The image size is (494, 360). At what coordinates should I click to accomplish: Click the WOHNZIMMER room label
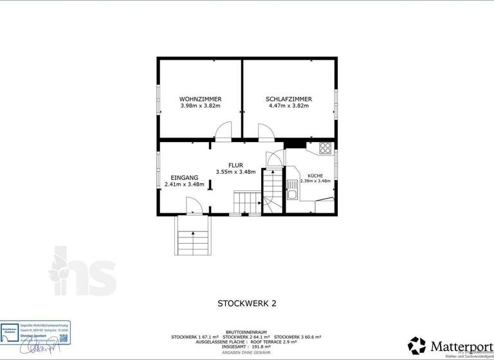pos(201,99)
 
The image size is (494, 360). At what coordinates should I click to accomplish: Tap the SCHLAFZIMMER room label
pos(289,99)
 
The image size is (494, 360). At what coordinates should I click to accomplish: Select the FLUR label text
pos(235,165)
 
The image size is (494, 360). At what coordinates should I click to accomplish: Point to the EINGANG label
pos(184,177)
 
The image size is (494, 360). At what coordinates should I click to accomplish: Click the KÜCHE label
pos(315,175)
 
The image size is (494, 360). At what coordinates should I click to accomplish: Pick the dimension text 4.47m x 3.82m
pos(289,106)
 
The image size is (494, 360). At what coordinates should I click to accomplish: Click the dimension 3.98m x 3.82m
pos(201,106)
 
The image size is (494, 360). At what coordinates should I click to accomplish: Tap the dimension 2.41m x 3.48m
pos(184,184)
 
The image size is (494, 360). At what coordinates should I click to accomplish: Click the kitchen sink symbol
pos(291,194)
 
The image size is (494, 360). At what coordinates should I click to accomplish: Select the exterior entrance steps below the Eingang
pos(193,237)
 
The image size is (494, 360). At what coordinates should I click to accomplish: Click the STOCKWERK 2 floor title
pos(247,302)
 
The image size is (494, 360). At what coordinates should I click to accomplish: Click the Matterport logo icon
pos(417,345)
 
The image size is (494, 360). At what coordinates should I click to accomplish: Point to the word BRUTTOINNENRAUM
pos(246,332)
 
